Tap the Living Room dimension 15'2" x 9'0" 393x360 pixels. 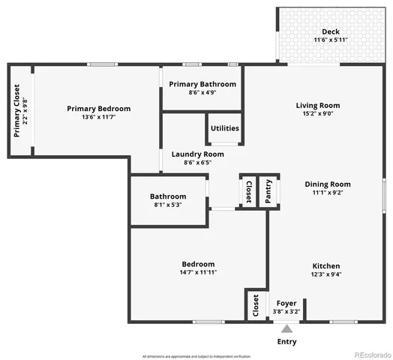click(x=317, y=115)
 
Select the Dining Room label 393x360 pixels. click(x=327, y=184)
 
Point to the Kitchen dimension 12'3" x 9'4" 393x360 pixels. click(x=326, y=275)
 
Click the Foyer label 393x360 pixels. click(x=286, y=303)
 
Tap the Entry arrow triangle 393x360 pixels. click(x=286, y=328)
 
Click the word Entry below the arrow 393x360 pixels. click(x=286, y=341)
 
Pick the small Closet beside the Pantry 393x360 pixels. click(x=248, y=192)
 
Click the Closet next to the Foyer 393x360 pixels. click(x=256, y=305)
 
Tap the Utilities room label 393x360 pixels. click(x=224, y=128)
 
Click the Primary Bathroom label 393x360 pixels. click(x=202, y=84)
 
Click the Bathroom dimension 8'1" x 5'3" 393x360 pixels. click(x=167, y=205)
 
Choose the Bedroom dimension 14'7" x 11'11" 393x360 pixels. click(x=198, y=273)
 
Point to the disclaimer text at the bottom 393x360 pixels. click(x=196, y=355)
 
